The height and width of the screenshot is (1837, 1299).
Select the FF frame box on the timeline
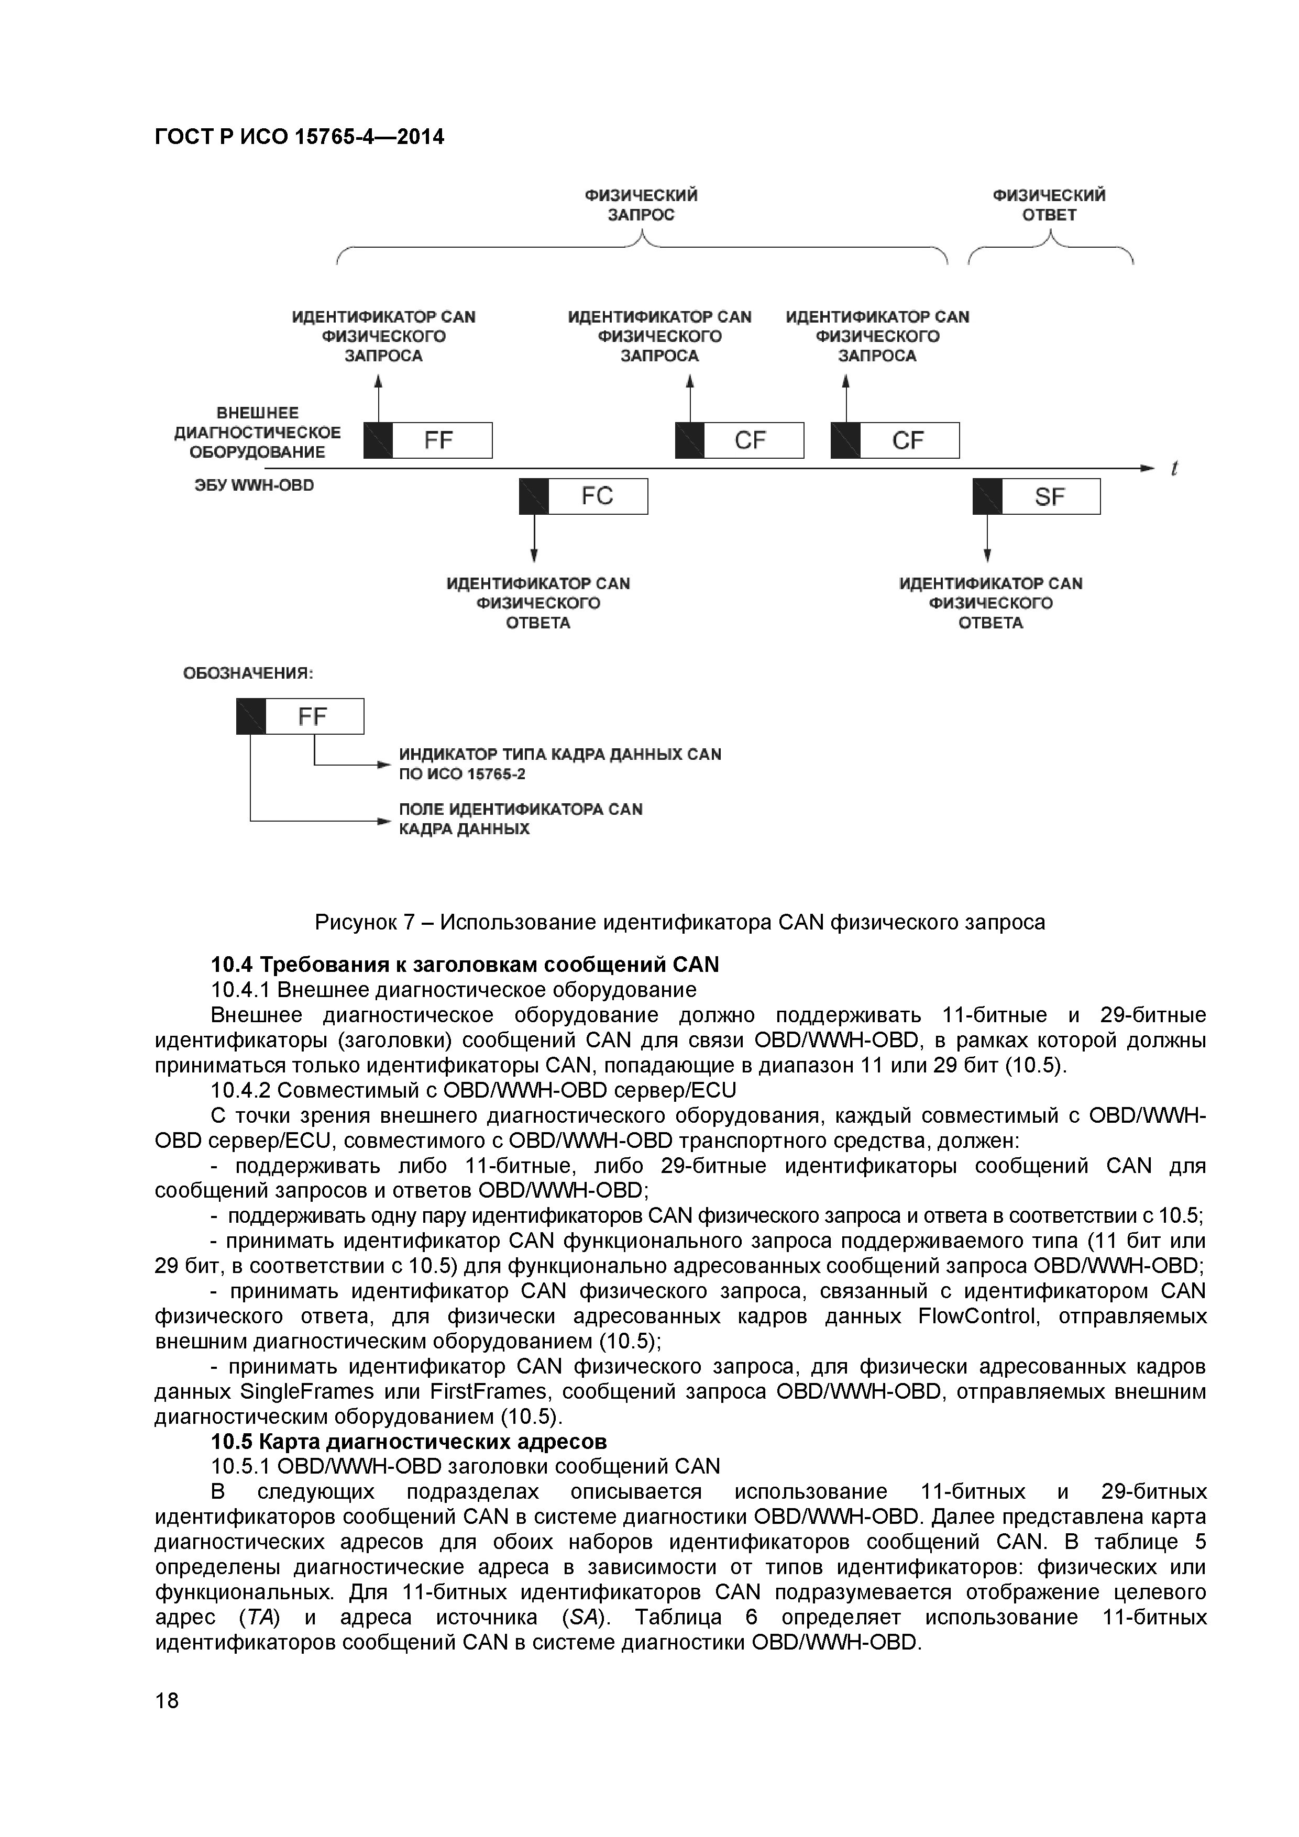(428, 440)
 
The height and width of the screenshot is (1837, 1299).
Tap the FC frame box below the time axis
(584, 496)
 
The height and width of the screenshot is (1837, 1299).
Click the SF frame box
(1037, 497)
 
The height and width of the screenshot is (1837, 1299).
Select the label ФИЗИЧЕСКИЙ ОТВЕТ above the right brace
(1049, 205)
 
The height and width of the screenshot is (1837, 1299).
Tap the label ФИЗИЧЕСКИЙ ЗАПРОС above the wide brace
(641, 205)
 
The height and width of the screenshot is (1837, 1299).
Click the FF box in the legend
(300, 716)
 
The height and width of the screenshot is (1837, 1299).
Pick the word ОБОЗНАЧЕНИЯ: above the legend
(248, 673)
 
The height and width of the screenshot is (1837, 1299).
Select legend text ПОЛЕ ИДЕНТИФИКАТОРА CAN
(520, 809)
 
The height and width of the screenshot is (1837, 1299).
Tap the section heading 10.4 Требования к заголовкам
(464, 965)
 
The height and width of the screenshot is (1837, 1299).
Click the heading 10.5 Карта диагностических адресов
(408, 1442)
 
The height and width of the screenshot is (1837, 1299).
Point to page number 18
(167, 1701)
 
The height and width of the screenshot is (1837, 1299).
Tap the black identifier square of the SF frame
(987, 497)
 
